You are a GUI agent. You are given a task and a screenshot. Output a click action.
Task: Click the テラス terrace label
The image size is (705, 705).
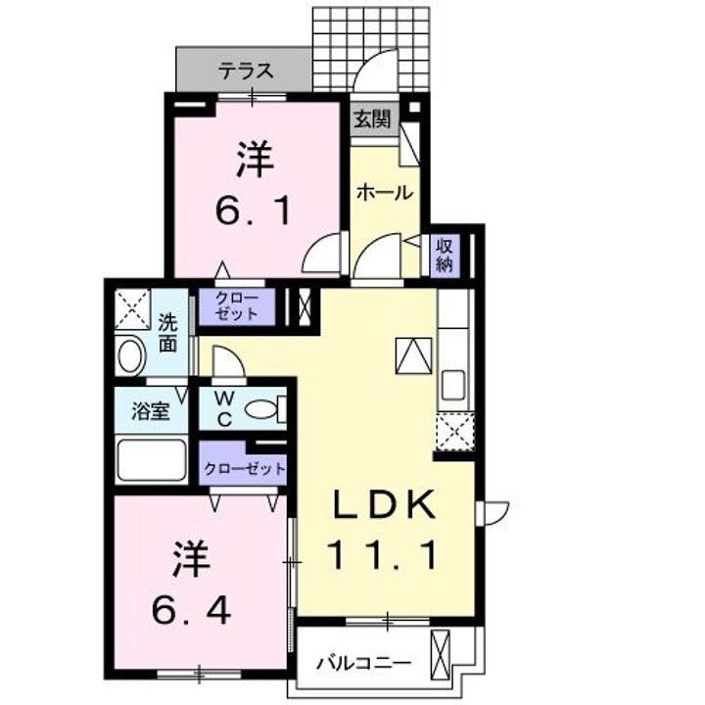point(246,71)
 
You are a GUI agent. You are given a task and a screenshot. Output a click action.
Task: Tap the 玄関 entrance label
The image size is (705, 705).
point(372,119)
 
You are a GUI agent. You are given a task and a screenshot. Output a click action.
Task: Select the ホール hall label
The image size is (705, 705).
point(385,193)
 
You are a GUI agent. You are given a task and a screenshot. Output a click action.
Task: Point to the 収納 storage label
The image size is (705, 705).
point(444,256)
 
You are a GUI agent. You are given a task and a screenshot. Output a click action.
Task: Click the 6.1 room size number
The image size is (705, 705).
point(254,211)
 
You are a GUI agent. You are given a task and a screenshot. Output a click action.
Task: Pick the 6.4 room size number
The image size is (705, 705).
point(192,610)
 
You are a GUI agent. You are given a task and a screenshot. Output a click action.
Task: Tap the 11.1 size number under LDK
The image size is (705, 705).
point(383,555)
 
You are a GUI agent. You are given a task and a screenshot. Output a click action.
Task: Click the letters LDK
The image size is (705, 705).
point(384,504)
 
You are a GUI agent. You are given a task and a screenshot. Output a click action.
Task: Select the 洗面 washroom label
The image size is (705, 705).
point(167,334)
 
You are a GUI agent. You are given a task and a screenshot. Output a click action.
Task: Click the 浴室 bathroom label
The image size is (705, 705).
point(150,411)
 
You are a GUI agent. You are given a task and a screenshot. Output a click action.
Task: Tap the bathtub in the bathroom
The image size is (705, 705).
point(152,460)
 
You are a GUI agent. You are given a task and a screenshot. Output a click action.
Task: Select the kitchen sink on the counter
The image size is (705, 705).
point(453,385)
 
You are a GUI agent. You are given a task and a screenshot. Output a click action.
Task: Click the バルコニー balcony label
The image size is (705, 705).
point(363,663)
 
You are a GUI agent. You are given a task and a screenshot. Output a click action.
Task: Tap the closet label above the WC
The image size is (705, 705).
point(237,306)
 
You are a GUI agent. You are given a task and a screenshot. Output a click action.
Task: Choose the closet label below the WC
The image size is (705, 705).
point(245,469)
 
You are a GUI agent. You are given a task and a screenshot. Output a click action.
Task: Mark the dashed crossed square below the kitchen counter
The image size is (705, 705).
point(454,431)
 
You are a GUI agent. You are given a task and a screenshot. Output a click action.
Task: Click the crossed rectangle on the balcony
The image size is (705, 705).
point(440,648)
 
